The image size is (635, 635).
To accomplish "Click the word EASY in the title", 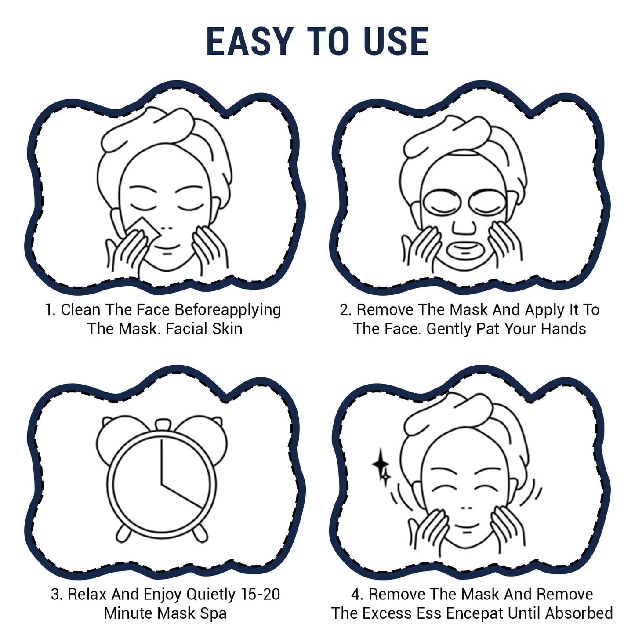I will click(249, 42).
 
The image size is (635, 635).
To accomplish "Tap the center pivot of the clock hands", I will click(162, 484).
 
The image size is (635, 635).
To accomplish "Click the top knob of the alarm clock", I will click(162, 424).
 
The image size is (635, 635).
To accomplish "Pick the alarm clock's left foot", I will click(123, 533).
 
